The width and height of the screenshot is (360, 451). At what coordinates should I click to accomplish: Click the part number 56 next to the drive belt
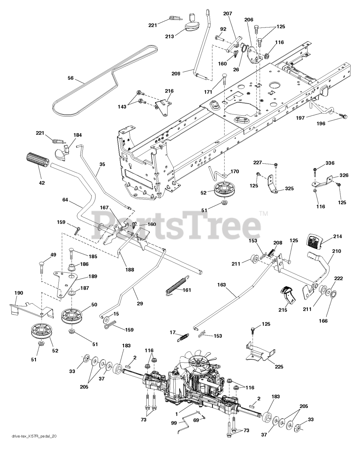[71, 78]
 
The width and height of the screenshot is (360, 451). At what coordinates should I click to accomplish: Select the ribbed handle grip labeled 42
[38, 162]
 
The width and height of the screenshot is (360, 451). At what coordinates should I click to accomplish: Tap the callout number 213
[170, 36]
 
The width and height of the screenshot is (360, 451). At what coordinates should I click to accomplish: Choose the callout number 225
[279, 367]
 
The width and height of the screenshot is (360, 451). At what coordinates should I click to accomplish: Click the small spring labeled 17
[182, 337]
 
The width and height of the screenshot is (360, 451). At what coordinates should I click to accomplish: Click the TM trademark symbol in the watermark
[263, 213]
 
